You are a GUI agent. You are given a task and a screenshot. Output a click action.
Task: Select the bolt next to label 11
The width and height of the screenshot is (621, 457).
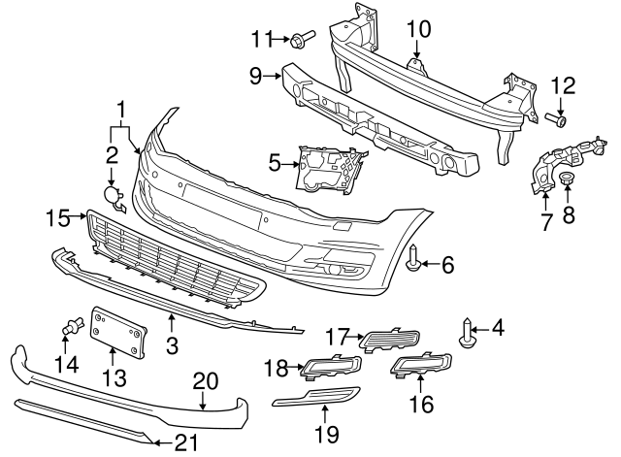299,40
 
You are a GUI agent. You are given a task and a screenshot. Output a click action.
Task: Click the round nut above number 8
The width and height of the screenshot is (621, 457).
565,180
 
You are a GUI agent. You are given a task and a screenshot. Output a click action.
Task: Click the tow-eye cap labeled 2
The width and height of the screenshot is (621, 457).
114,197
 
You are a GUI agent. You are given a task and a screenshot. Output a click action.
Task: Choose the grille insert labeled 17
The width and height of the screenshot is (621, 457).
390,339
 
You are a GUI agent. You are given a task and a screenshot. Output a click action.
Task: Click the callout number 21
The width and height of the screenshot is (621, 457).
186,442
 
